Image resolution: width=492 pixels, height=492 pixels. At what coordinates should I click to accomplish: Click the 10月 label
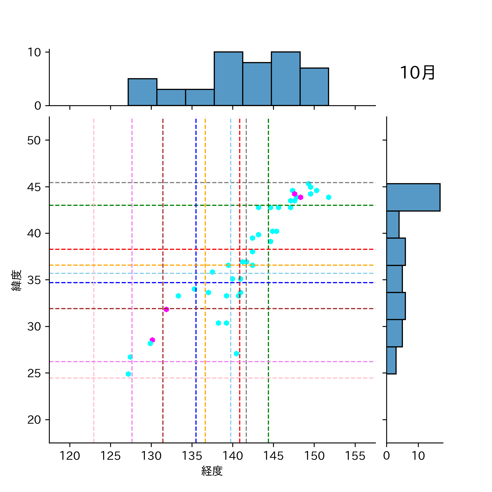(417, 73)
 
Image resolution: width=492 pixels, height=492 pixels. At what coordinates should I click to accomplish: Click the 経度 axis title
(212, 471)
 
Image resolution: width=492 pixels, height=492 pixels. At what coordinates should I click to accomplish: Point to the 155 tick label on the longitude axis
(355, 456)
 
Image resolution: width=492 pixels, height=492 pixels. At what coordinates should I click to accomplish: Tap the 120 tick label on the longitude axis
(70, 456)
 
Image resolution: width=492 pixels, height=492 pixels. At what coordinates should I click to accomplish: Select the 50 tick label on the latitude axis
(34, 140)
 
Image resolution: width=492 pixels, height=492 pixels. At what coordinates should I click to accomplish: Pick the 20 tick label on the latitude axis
(34, 420)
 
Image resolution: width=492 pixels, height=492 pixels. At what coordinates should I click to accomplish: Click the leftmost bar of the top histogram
(142, 92)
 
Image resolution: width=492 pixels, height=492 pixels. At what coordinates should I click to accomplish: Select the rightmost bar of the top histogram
(314, 87)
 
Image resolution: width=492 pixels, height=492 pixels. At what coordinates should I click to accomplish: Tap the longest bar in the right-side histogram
(413, 197)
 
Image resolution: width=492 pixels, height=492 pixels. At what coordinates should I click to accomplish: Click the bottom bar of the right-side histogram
(391, 360)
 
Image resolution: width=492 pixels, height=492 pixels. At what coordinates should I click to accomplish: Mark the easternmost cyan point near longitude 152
(329, 197)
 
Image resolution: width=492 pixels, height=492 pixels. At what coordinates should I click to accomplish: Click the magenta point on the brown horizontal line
(166, 309)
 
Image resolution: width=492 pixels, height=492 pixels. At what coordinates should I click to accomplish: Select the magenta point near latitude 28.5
(152, 340)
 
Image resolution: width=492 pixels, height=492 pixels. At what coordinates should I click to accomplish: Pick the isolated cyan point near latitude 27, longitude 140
(236, 354)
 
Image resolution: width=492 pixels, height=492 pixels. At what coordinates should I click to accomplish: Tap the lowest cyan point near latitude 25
(128, 374)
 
